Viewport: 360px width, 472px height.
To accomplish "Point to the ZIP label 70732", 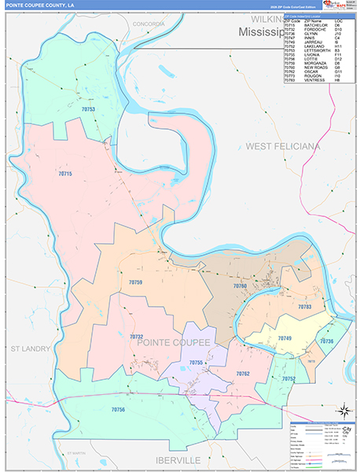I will tap(137, 336).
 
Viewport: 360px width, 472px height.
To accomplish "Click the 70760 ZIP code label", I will tap(240, 286).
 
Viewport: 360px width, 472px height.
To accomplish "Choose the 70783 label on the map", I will tap(305, 306).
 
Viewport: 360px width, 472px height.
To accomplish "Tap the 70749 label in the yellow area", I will tap(284, 337).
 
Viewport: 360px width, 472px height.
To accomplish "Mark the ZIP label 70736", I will tap(326, 341).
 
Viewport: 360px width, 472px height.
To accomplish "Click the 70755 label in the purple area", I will tap(197, 362).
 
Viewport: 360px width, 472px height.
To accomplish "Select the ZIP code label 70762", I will tap(243, 374).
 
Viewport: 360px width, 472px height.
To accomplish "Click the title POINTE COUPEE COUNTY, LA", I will tap(39, 6).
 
